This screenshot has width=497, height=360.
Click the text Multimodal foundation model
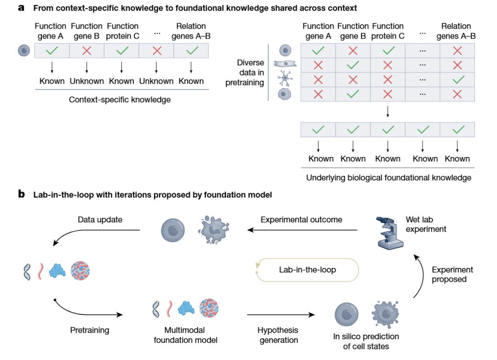coord(184,335)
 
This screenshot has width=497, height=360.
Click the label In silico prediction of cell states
coord(366,341)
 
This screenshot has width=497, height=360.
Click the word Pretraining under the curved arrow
coord(90,330)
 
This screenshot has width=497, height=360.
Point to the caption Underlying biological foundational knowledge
coord(389,178)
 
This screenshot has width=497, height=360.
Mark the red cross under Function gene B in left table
coord(87,50)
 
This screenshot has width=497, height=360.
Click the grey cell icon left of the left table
coord(23,50)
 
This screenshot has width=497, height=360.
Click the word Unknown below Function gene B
coord(87,81)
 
